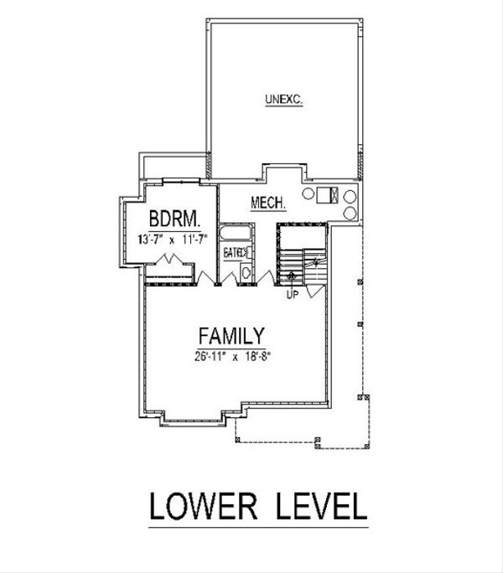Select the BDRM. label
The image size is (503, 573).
coord(174,220)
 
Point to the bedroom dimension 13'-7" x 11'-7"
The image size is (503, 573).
coord(174,239)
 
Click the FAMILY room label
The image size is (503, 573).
coord(231,336)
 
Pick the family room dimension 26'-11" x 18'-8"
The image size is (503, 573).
coord(231,355)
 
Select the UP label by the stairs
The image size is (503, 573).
coord(293,295)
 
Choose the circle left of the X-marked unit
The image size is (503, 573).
coord(309,196)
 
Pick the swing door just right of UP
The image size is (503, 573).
coord(311,289)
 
